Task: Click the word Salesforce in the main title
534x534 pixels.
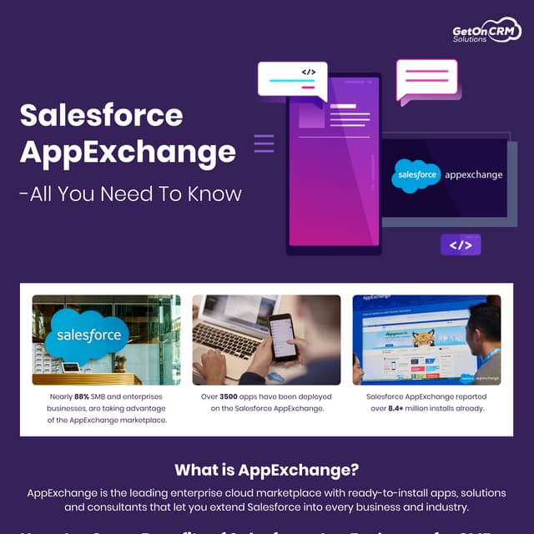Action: pyautogui.click(x=101, y=114)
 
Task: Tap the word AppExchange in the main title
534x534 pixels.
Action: pyautogui.click(x=128, y=153)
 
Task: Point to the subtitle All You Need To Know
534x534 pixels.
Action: pyautogui.click(x=130, y=194)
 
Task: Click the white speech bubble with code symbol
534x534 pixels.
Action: pyautogui.click(x=292, y=80)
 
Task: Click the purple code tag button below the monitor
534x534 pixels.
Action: pyautogui.click(x=461, y=244)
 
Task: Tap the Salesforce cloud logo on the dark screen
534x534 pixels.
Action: pyautogui.click(x=416, y=175)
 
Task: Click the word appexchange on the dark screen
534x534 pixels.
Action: pyautogui.click(x=473, y=175)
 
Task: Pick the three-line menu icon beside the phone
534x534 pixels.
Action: pyautogui.click(x=264, y=144)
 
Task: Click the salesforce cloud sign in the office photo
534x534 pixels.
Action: pyautogui.click(x=88, y=335)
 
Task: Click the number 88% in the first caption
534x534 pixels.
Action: pyautogui.click(x=82, y=396)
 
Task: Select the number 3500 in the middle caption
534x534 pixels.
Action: pyautogui.click(x=230, y=396)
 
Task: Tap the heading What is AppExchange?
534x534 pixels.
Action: pyautogui.click(x=266, y=470)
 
